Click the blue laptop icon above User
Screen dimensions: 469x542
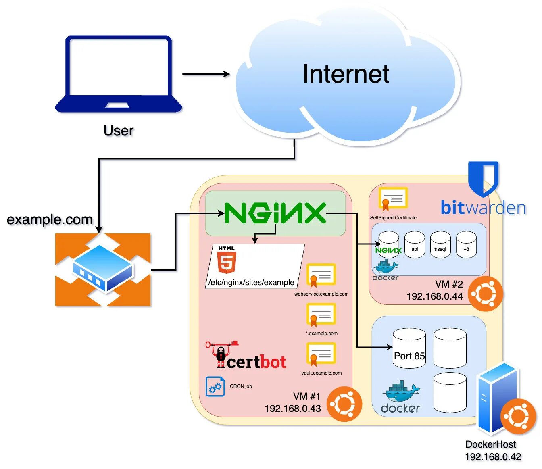tap(119, 75)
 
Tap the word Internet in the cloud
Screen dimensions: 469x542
tap(346, 74)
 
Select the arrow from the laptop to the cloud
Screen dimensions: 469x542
tap(206, 74)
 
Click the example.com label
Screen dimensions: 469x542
tap(50, 220)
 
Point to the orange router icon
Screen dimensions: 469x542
tap(103, 269)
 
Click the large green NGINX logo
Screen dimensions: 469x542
tap(275, 213)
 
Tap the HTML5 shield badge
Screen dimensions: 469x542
tap(226, 260)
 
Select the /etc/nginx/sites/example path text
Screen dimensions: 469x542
tap(251, 282)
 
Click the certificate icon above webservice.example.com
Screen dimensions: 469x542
tap(321, 275)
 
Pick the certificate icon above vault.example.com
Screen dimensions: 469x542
tap(321, 354)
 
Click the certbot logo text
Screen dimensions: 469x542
tap(256, 362)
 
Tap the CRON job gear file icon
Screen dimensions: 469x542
tap(215, 386)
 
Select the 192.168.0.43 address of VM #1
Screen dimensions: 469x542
tap(293, 409)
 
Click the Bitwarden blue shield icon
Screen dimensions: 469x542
tap(483, 177)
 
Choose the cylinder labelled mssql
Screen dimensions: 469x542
tap(440, 245)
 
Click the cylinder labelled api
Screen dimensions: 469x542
tap(415, 245)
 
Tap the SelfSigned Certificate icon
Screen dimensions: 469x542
tap(392, 199)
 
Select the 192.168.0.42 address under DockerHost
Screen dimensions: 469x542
tap(493, 457)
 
